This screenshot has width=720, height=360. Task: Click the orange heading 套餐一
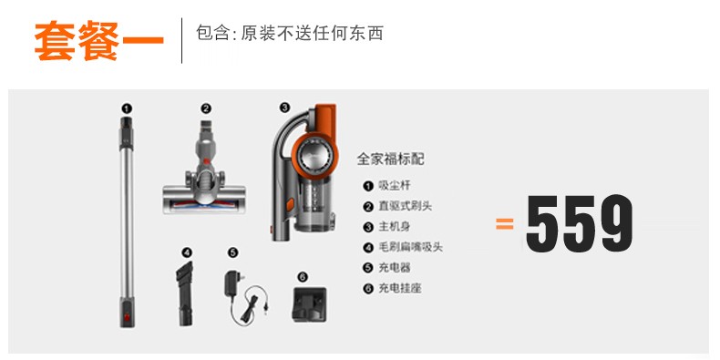[x=98, y=41]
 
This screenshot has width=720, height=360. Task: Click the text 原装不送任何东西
[x=312, y=33]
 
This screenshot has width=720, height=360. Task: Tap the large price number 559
[x=580, y=223]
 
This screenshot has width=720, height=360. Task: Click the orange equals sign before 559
[x=505, y=223]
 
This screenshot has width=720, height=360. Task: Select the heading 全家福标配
[x=391, y=159]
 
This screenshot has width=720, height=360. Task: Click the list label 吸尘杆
[x=395, y=186]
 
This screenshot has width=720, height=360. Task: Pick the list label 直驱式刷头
[x=405, y=206]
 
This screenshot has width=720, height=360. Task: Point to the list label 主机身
[x=395, y=227]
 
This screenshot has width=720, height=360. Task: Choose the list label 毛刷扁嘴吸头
[x=410, y=248]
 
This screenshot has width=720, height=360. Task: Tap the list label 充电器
[x=395, y=268]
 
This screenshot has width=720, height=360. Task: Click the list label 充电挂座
[x=400, y=289]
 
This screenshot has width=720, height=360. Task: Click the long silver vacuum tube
[x=128, y=221]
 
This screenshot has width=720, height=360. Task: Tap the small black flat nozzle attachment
[x=185, y=293]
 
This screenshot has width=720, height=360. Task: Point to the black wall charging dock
[x=309, y=305]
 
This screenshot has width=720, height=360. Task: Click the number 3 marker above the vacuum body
[x=284, y=108]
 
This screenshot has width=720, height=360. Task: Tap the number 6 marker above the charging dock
[x=303, y=277]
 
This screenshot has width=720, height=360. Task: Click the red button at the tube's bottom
[x=128, y=316]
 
